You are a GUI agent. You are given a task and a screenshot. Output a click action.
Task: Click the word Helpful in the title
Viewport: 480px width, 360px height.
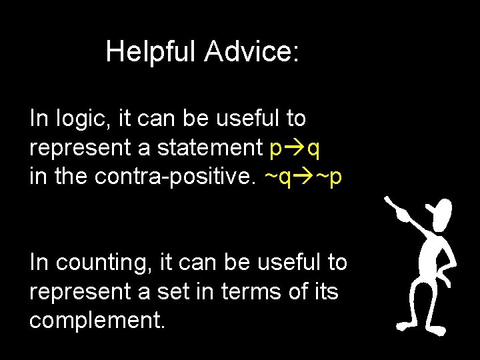(151, 51)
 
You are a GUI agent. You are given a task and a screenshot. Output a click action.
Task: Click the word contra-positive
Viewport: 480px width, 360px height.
(176, 177)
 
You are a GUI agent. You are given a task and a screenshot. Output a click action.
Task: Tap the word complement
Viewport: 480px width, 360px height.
(97, 320)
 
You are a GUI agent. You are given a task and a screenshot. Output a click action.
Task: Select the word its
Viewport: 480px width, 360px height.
(325, 291)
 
